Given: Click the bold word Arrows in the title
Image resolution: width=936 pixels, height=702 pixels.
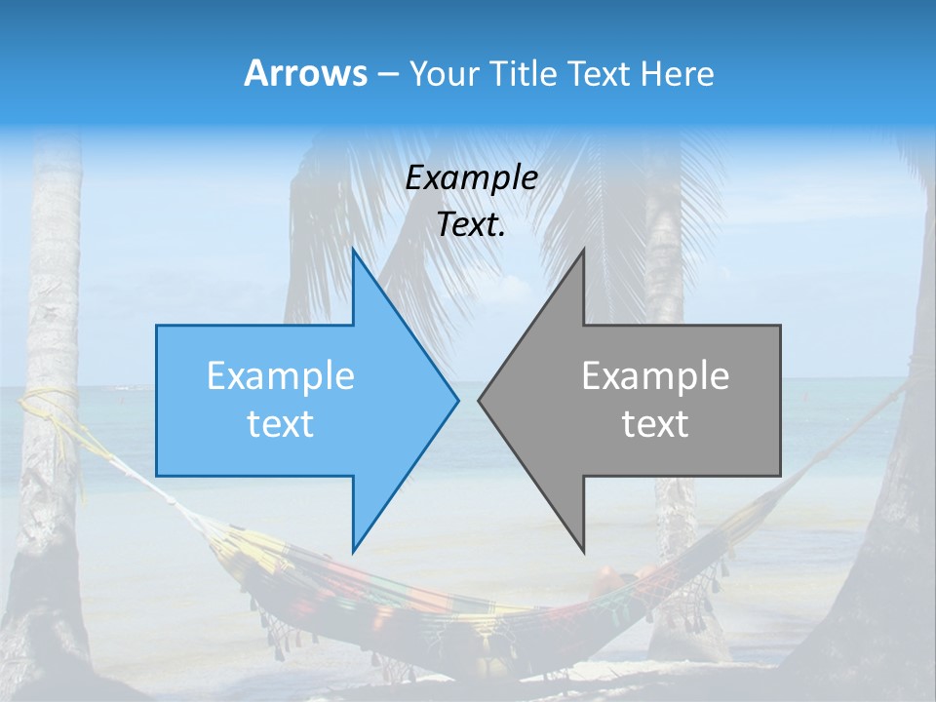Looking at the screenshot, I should (x=305, y=73).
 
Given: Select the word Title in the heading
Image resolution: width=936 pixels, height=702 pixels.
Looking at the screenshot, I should (x=524, y=73).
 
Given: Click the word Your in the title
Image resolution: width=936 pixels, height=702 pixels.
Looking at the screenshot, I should (x=445, y=73).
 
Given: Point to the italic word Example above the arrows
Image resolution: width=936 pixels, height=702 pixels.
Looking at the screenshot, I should (x=471, y=178).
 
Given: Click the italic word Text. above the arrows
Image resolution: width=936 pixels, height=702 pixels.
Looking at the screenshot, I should (x=471, y=225).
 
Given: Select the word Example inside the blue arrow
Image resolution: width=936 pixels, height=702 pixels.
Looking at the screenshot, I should (x=281, y=376).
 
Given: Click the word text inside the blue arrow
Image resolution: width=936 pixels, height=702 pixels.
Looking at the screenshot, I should (x=281, y=424).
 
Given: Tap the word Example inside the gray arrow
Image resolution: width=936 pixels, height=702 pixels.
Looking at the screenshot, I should (x=655, y=376).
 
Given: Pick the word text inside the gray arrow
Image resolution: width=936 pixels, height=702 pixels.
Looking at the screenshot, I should (x=655, y=424).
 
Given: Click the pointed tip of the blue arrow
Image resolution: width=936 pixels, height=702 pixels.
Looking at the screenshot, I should (x=457, y=400).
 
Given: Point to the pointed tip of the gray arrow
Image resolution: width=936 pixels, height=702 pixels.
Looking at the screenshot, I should (x=479, y=400).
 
